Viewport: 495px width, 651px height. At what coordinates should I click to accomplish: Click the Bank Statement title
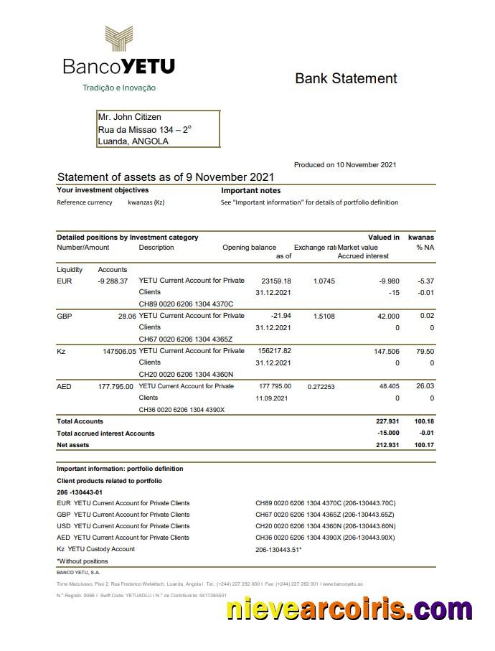tap(346, 78)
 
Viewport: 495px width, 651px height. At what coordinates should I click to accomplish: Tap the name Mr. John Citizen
tap(129, 117)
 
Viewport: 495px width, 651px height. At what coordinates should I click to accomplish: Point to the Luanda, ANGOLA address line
tap(133, 141)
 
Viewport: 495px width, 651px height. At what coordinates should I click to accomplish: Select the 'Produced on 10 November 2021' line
tap(345, 165)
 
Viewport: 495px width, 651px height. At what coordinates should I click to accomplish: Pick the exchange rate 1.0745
tap(324, 281)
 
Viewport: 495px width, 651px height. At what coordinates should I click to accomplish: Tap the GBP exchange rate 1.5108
tap(324, 316)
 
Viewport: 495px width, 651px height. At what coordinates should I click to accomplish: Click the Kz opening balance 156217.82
tap(274, 351)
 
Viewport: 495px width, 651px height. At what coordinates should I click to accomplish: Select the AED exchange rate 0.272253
tap(321, 386)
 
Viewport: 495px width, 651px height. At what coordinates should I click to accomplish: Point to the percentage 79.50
tap(425, 351)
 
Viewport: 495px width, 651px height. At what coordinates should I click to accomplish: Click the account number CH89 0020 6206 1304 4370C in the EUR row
tap(186, 304)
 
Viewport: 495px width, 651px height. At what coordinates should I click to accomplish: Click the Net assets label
tap(73, 445)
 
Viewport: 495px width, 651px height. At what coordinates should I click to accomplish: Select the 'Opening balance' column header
tap(249, 248)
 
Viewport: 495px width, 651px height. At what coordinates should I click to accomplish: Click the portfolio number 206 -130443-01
tap(80, 492)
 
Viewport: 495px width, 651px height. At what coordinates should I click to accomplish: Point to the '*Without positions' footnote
tap(82, 561)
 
